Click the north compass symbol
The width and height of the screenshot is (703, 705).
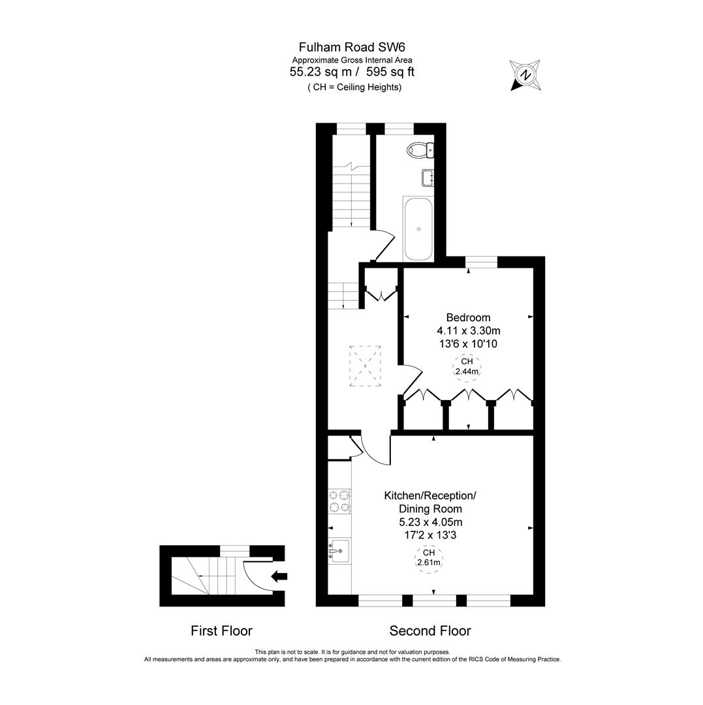tap(525, 75)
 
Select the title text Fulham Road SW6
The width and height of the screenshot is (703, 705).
tap(351, 47)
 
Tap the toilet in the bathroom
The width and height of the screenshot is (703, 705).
tap(420, 150)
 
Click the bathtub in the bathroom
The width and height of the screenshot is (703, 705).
tap(418, 229)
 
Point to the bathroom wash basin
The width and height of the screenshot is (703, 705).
tap(428, 178)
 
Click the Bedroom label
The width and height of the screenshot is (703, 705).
tap(468, 317)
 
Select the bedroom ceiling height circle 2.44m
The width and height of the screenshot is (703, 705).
tap(467, 367)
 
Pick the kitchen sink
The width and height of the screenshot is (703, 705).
tap(339, 551)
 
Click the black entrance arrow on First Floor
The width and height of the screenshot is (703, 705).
tap(279, 576)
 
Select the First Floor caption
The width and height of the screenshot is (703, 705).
tap(221, 631)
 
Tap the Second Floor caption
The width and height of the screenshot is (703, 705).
tap(430, 631)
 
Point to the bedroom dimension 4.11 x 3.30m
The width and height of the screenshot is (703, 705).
tap(468, 330)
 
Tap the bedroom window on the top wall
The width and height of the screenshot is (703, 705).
tap(482, 262)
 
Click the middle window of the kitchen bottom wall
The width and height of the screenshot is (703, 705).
tap(434, 599)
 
